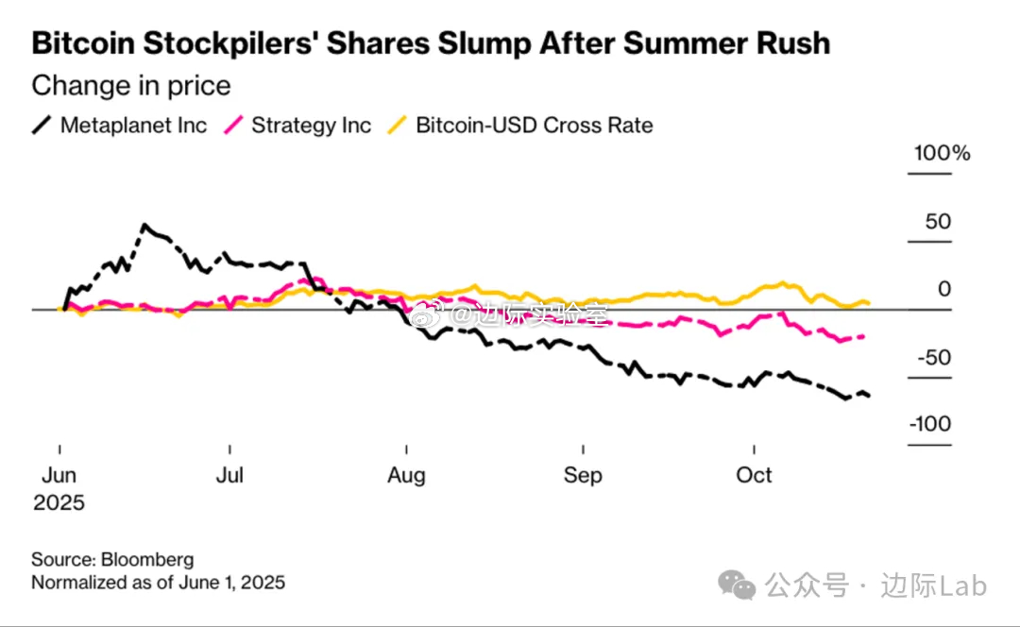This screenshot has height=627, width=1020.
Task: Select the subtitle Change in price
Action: coord(131,86)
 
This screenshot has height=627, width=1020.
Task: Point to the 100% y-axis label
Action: coord(942,153)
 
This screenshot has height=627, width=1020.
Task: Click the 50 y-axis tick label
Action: coord(938,222)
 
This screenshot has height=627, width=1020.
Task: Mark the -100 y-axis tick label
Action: coord(930,424)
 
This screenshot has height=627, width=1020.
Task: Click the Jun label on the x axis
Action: coord(59,474)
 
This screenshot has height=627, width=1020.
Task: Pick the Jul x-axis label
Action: coord(230,474)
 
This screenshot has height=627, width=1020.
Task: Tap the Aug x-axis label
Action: coord(406,474)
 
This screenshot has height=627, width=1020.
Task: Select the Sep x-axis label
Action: coord(583,474)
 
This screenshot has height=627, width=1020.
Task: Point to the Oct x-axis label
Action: coord(754,474)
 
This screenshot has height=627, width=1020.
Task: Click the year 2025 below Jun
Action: coord(59,502)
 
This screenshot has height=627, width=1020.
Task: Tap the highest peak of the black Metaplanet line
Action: coord(144,225)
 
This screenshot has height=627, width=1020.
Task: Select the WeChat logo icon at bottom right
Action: coord(737,585)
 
